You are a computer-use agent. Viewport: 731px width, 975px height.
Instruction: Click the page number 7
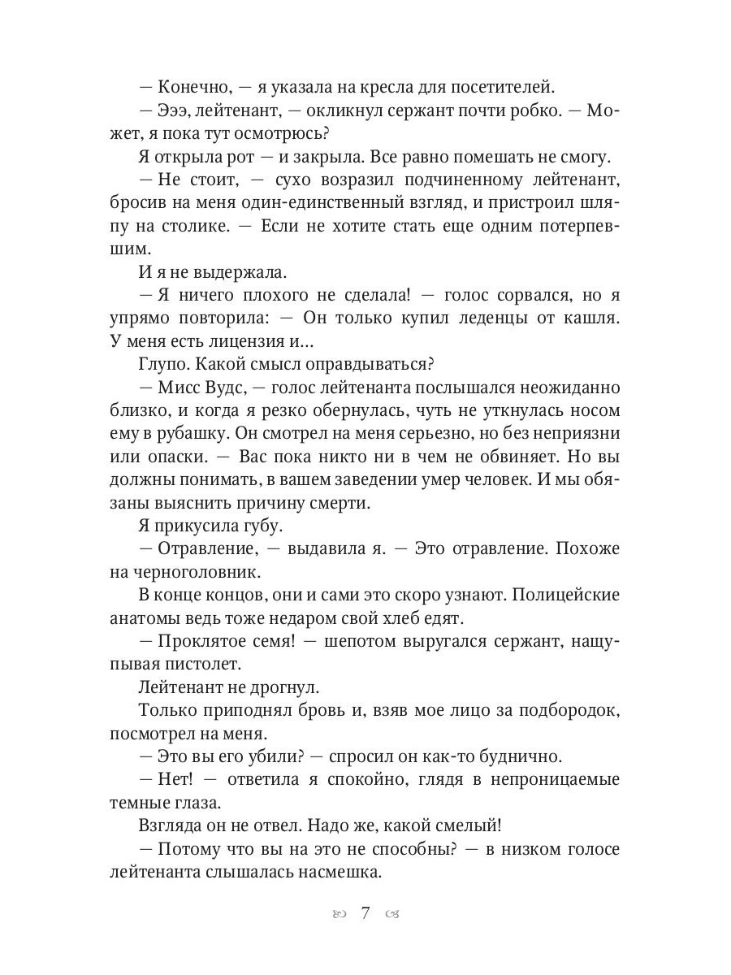pyautogui.click(x=365, y=913)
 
